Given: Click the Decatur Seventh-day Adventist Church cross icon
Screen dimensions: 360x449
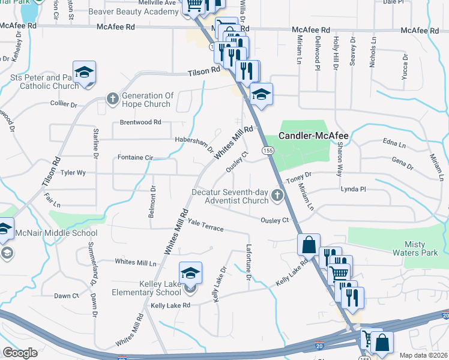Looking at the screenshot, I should pos(277,194).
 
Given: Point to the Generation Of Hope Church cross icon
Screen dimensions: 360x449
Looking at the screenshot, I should pos(112,99).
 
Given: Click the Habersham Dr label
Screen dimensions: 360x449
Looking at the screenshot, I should pos(193,142).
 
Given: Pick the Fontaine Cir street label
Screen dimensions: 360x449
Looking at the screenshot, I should pos(134,157).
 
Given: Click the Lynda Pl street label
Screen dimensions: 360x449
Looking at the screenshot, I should pos(353,189).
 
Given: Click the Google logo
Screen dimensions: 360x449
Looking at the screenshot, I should pos(20,352).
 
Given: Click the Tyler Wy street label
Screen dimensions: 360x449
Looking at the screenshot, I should pos(73,173).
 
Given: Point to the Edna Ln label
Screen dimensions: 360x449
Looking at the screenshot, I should pos(394,142).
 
